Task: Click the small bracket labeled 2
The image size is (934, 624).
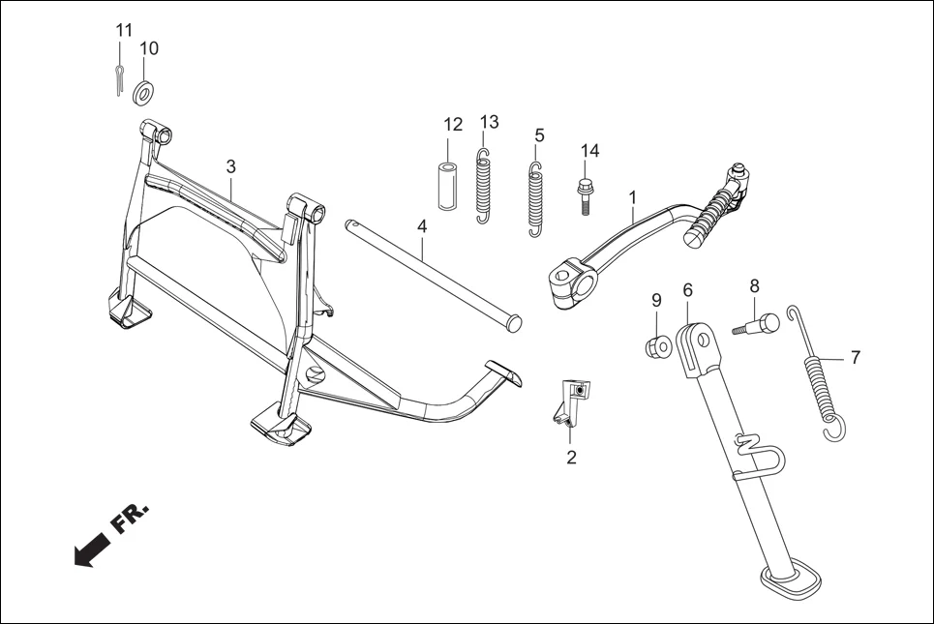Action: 569,402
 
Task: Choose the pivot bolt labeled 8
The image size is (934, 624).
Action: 756,324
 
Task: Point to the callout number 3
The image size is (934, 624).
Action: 230,165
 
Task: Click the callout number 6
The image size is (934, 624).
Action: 687,289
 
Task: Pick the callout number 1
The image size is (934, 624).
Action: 631,197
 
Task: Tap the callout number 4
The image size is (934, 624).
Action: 421,225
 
